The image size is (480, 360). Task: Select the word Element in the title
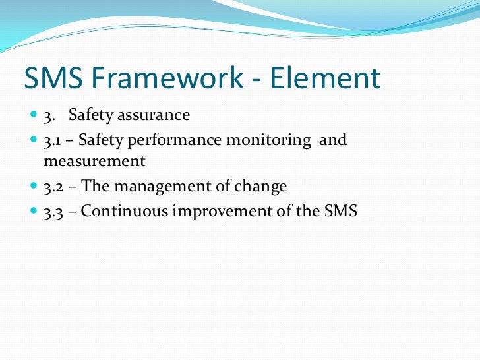pyautogui.click(x=327, y=79)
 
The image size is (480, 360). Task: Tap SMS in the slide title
pyautogui.click(x=53, y=79)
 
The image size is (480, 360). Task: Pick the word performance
pyautogui.click(x=177, y=140)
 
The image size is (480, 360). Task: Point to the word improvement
pyautogui.click(x=209, y=212)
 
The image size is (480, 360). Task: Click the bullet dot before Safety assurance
pyautogui.click(x=34, y=115)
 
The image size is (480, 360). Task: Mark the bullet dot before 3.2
pyautogui.click(x=34, y=187)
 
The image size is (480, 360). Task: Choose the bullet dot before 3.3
pyautogui.click(x=34, y=212)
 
